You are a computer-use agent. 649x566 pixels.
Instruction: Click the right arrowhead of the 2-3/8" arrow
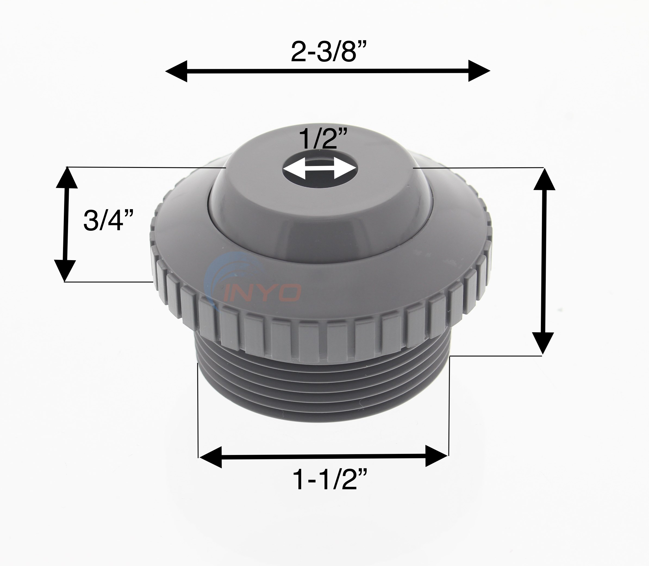point(479,71)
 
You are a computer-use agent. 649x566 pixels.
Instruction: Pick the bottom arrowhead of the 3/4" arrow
point(65,270)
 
